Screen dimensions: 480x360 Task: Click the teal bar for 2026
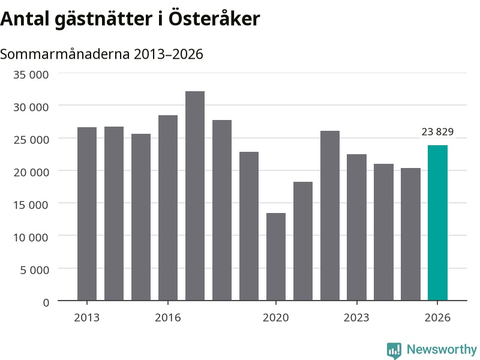point(437,223)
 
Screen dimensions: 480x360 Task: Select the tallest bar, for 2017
point(195,196)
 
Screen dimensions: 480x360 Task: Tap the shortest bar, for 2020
point(276,257)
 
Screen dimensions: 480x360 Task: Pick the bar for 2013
point(87,214)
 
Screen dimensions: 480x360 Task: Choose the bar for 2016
point(168,208)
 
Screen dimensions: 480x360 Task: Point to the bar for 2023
point(356,227)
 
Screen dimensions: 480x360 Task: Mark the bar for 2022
point(330,216)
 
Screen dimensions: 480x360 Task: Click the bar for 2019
point(249,226)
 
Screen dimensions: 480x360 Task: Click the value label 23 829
point(437,131)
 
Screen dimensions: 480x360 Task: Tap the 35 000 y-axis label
point(31,74)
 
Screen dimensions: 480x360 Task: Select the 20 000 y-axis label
point(31,172)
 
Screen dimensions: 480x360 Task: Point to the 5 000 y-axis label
point(34,270)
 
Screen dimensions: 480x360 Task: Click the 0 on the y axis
point(46,303)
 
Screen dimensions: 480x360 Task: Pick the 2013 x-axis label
point(87,317)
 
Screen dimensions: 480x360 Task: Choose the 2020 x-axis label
point(276,317)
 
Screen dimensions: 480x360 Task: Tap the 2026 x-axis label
point(437,317)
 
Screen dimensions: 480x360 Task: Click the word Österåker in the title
point(214,18)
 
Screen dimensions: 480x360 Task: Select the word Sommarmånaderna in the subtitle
point(65,54)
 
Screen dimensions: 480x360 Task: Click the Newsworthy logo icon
point(394,350)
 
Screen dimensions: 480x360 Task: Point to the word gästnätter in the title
point(104,19)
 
